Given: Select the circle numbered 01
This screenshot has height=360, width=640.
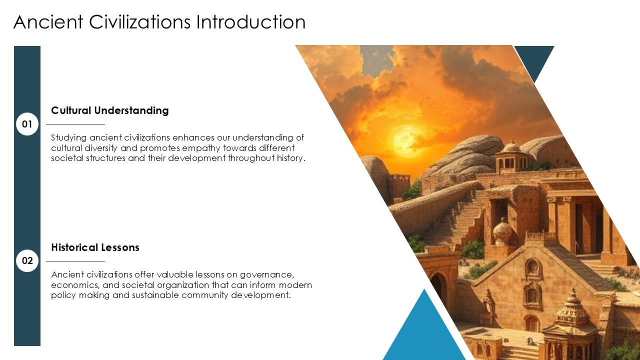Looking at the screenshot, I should click(x=27, y=124).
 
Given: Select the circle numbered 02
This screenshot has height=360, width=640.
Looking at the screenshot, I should click(x=27, y=260).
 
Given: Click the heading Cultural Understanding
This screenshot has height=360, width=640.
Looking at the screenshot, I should click(x=110, y=110).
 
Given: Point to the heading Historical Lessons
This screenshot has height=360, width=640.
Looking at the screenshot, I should click(x=95, y=247).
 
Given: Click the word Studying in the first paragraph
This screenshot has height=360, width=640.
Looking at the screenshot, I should click(x=69, y=137).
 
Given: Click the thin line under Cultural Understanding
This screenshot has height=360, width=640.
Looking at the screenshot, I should click(x=75, y=124).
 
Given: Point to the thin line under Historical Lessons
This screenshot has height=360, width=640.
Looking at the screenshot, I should click(x=75, y=261).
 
